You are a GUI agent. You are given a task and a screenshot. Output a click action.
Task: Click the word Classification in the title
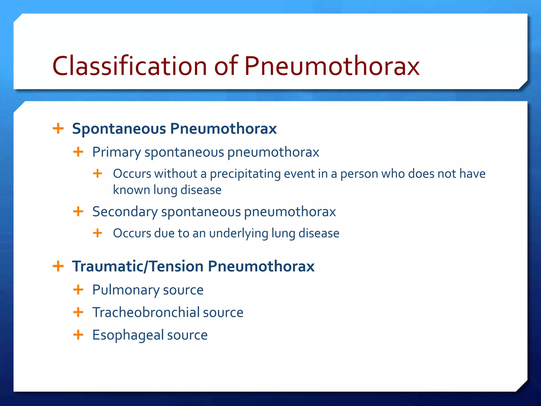click(x=129, y=66)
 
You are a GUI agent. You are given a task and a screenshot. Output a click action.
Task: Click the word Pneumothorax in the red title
click(x=332, y=66)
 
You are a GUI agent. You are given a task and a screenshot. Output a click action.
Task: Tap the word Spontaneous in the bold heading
click(x=119, y=129)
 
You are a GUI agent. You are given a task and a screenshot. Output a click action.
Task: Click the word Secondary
click(x=125, y=212)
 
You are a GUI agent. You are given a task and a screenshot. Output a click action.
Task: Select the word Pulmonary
click(x=125, y=290)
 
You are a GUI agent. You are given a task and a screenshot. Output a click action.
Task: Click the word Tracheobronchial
click(x=146, y=312)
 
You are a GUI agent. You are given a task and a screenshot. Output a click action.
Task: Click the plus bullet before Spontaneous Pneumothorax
click(x=58, y=129)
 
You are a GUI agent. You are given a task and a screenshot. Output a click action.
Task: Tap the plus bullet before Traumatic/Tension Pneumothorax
click(x=58, y=266)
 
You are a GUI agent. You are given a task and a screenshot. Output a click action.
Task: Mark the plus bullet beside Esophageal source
click(x=78, y=335)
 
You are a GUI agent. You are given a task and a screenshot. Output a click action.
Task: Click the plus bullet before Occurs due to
click(x=97, y=233)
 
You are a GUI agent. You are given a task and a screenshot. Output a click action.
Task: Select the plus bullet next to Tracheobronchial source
click(x=78, y=312)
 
